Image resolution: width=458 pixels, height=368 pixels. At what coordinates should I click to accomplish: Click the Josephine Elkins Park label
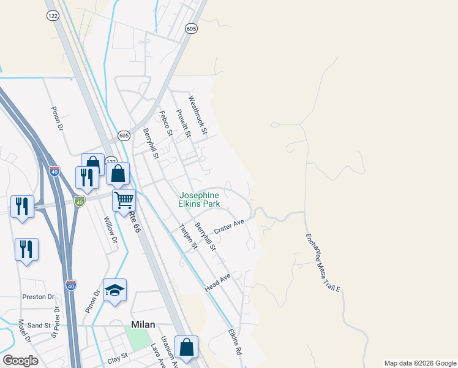click(199, 199)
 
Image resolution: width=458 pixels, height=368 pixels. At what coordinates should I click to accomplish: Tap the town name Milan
click(143, 325)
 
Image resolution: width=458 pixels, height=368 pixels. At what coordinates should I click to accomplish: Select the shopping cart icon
click(124, 200)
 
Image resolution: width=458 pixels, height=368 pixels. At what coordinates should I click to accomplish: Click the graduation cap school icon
click(114, 290)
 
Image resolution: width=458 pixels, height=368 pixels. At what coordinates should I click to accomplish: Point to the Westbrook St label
click(198, 115)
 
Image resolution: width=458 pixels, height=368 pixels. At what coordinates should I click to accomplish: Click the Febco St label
click(165, 122)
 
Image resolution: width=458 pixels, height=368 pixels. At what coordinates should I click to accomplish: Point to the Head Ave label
click(217, 283)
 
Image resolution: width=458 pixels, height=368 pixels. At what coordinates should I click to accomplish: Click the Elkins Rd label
click(236, 343)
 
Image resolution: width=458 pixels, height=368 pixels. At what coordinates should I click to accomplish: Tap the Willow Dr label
click(111, 229)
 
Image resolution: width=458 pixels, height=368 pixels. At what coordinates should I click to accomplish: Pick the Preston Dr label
click(38, 297)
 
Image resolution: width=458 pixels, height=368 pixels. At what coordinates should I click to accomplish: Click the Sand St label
click(38, 325)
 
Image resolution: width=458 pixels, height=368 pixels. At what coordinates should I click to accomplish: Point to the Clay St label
click(117, 356)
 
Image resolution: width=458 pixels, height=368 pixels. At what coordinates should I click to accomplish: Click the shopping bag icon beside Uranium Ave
click(186, 347)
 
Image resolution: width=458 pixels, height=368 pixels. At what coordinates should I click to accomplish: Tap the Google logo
click(20, 361)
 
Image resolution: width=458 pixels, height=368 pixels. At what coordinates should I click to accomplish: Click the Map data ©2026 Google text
click(419, 363)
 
